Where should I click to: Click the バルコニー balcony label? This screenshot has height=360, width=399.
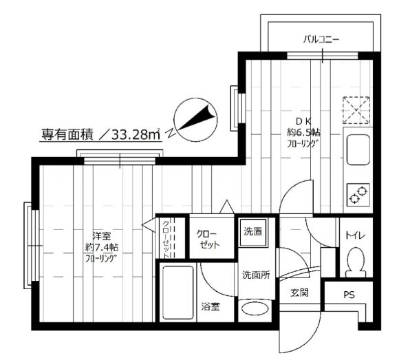point(321,40)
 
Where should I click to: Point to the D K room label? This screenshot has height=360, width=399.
point(303,121)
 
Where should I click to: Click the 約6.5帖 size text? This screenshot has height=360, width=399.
point(304,132)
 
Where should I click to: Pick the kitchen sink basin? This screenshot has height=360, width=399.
point(358,149)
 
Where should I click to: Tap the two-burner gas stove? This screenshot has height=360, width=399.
point(358,195)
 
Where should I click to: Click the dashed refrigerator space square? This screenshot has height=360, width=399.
point(356,110)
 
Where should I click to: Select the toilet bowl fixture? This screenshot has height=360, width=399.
point(356,262)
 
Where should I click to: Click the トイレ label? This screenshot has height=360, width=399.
point(355,235)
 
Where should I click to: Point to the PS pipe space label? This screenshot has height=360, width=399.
point(349,295)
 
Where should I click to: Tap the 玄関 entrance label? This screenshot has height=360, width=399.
point(299,293)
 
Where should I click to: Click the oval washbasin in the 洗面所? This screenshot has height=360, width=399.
point(255,309)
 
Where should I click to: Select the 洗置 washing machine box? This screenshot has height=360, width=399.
point(253,232)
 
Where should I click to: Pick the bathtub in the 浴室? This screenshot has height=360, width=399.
point(177,293)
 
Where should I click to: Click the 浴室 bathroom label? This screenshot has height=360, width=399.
point(211,306)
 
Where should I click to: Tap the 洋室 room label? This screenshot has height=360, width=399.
point(102,236)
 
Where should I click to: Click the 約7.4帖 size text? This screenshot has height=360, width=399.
point(102,247)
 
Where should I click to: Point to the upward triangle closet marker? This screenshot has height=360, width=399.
point(226,207)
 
